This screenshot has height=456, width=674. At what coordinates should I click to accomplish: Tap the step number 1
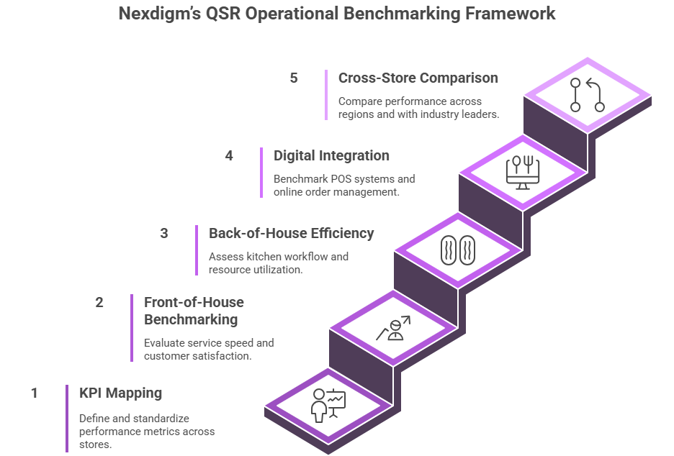click(x=34, y=393)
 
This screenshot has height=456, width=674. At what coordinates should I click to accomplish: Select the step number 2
click(x=99, y=302)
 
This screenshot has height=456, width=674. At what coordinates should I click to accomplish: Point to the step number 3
click(x=164, y=233)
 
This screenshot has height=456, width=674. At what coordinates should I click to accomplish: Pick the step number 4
click(x=229, y=155)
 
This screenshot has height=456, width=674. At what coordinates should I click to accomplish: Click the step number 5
click(x=294, y=78)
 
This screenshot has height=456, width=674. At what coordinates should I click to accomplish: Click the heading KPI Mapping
click(x=120, y=393)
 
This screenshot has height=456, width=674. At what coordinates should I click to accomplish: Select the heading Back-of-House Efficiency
click(x=291, y=233)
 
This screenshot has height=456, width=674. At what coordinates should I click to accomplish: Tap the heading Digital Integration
click(x=331, y=155)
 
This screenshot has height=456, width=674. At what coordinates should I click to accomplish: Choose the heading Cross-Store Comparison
click(x=418, y=78)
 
